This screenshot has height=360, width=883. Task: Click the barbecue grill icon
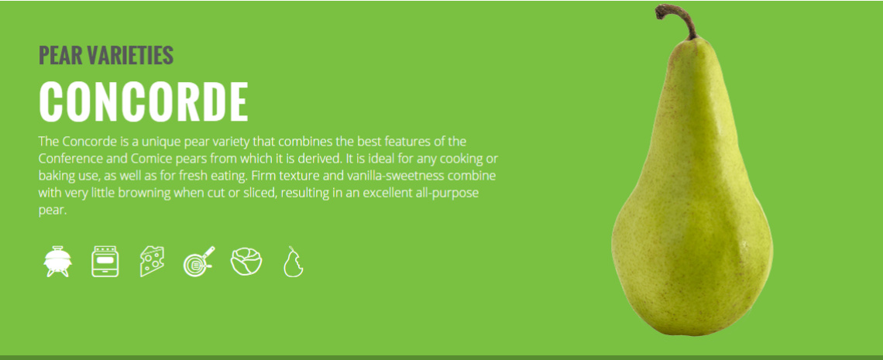click(58, 262)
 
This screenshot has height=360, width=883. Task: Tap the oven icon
click(105, 262)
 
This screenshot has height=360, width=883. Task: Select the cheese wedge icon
click(152, 262)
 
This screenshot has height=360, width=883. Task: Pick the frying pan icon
click(198, 262)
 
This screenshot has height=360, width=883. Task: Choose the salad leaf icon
click(246, 262)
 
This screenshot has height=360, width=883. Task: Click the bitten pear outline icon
click(293, 262)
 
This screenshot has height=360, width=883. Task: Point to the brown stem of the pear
click(678, 19)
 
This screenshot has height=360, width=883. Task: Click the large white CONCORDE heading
click(143, 102)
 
